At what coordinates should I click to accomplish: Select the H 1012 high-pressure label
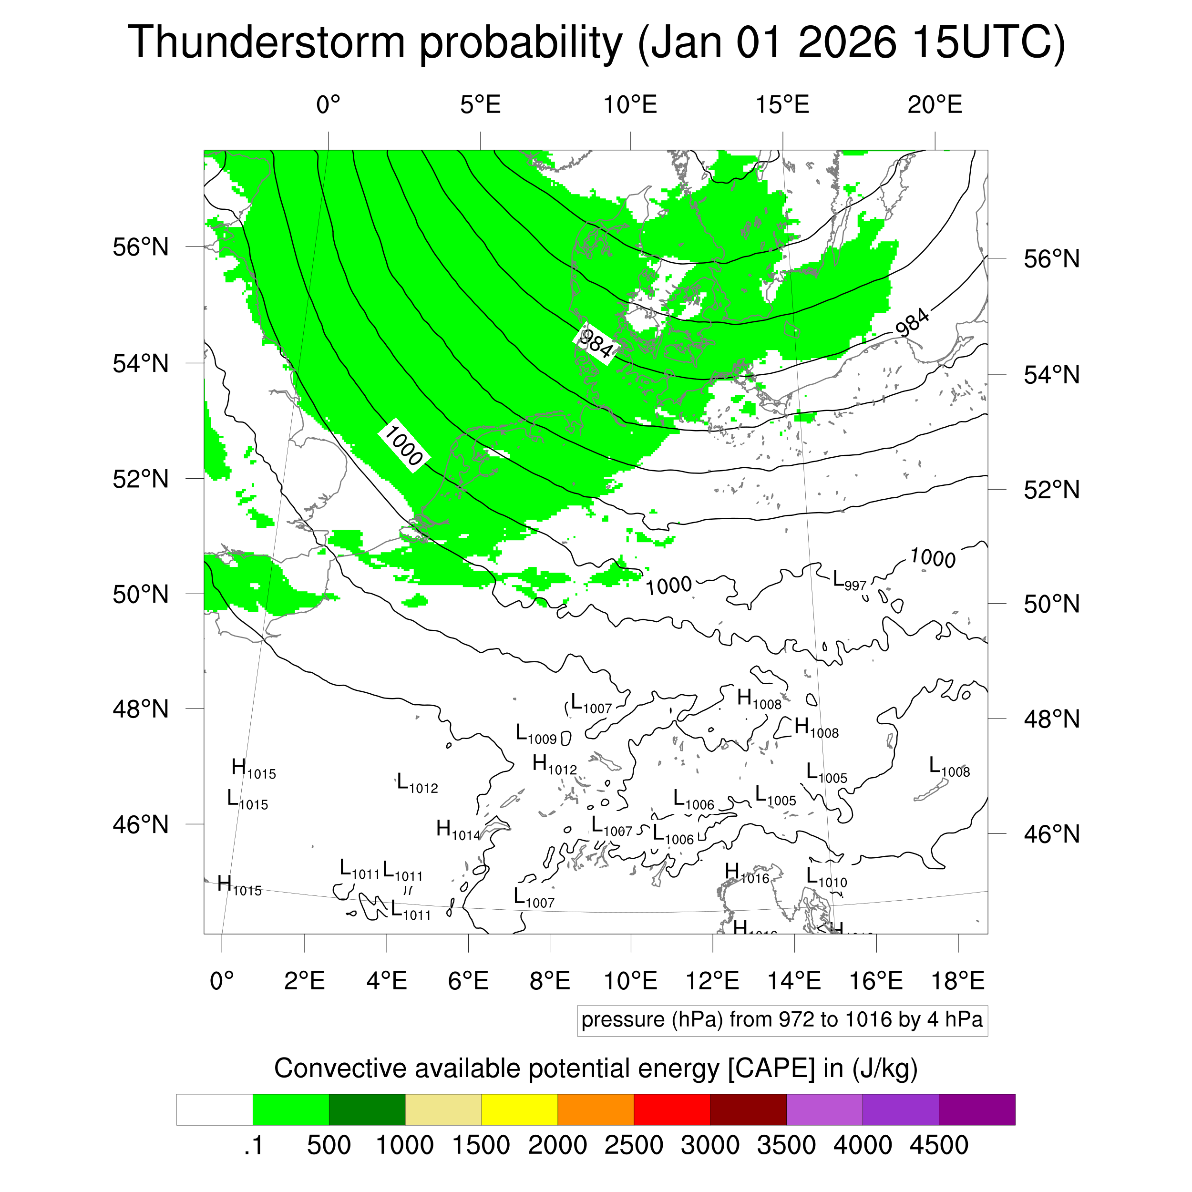click(x=554, y=765)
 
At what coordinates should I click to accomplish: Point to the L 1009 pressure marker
click(x=535, y=735)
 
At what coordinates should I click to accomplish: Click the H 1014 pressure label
click(x=458, y=831)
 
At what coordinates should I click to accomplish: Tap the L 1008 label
click(x=949, y=768)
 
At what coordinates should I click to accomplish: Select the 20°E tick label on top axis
click(x=934, y=105)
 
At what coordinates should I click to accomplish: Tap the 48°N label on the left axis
click(x=141, y=709)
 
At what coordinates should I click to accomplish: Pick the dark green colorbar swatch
click(x=367, y=1110)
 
